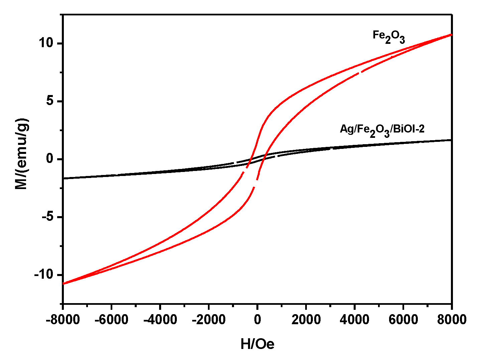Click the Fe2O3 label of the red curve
(x=388, y=37)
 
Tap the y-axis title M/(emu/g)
(x=22, y=154)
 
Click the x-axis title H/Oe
(x=257, y=344)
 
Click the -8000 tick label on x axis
(x=63, y=320)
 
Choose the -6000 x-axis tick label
(x=111, y=320)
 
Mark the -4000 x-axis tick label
(x=160, y=320)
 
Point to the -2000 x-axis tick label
(x=209, y=320)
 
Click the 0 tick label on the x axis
(x=257, y=320)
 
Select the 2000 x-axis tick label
(x=306, y=320)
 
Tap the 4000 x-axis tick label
(x=354, y=320)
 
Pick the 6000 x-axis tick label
(x=403, y=320)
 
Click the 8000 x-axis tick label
(x=451, y=320)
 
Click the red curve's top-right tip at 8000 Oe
(x=451, y=34)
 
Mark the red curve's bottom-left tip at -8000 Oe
(x=64, y=284)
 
